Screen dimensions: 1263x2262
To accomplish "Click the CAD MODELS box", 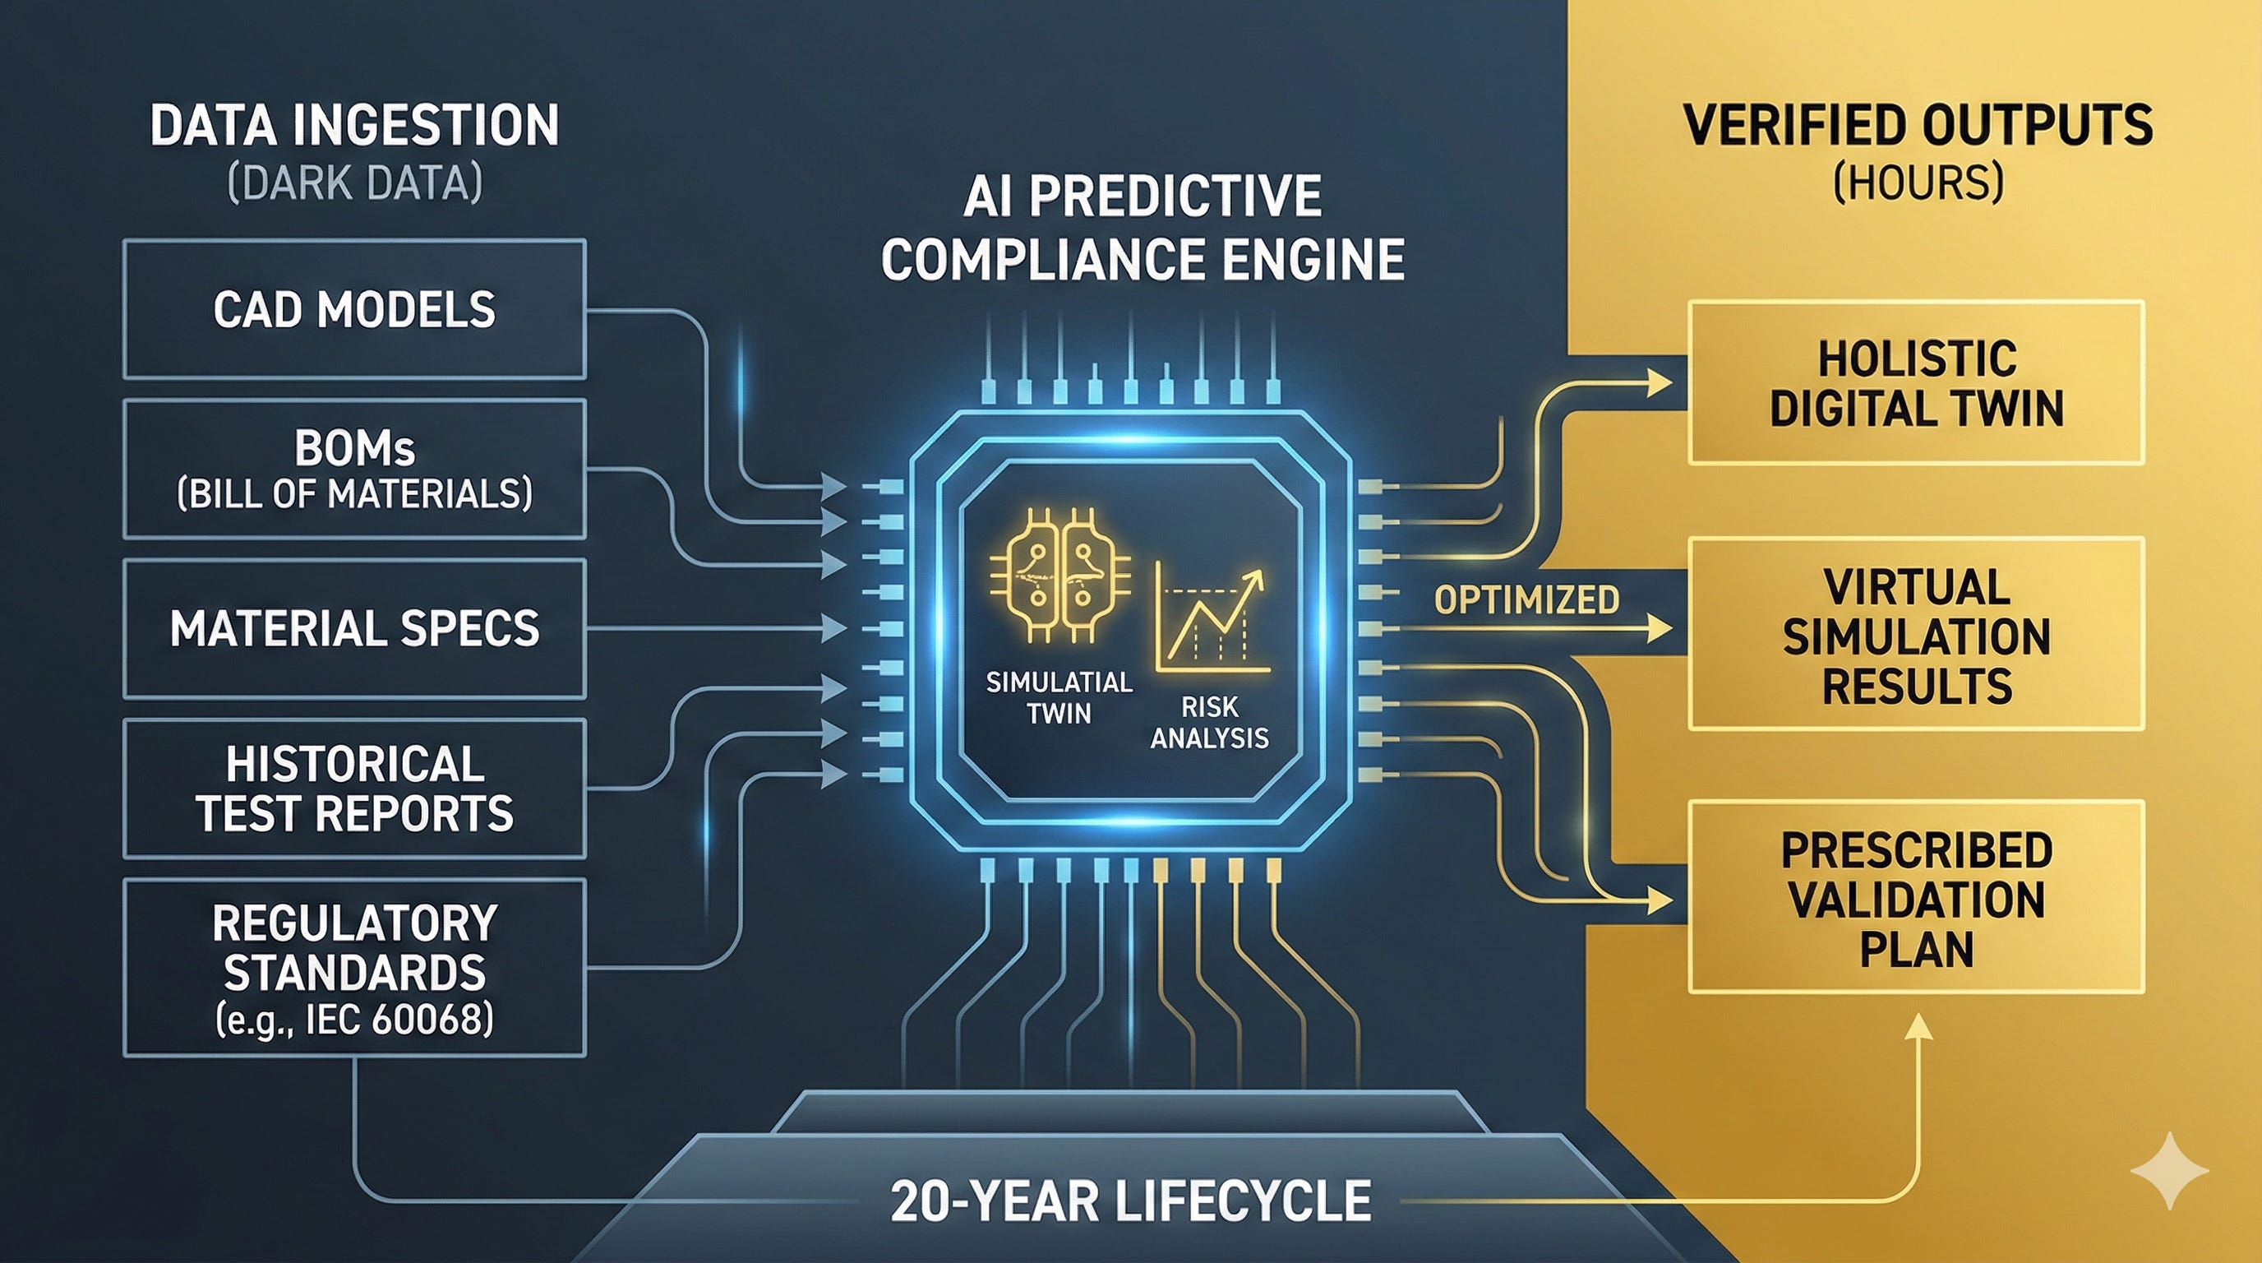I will coord(354,309).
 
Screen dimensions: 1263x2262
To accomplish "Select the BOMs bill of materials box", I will coord(354,469).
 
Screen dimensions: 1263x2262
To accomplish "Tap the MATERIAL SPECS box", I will coord(354,629).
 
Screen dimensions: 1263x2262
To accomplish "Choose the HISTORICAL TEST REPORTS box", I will coord(354,788).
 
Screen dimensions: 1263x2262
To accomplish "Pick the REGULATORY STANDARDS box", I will coord(354,967).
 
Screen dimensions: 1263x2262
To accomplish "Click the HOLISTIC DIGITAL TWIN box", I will coord(1916,383).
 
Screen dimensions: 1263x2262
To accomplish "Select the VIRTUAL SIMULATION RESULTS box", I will coord(1916,634).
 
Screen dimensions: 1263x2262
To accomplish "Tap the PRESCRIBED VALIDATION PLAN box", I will coord(1916,898).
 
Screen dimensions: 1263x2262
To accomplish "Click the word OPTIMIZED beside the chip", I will coord(1526,600).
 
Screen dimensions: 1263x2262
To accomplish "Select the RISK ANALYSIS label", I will coord(1209,722).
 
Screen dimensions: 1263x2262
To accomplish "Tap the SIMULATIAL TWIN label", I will coord(1059,697).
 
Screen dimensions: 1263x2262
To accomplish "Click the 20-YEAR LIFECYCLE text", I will coord(1130,1201).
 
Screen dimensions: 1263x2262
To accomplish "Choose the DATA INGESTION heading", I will coord(354,126).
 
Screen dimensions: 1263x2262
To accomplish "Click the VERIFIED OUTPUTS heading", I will coord(1918,126).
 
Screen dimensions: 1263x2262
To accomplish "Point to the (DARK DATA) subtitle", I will coord(354,183).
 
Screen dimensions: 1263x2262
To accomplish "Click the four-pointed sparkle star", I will coord(2169,1172).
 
